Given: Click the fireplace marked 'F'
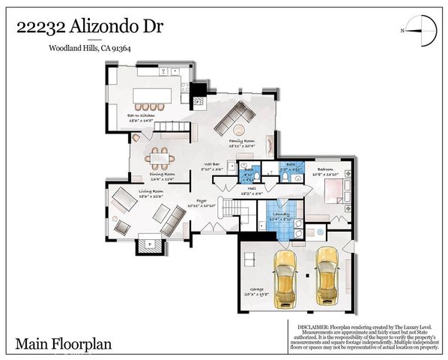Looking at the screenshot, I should (x=148, y=244).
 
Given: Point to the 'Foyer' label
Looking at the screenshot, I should (x=201, y=202).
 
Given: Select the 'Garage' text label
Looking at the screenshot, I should (x=258, y=292).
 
